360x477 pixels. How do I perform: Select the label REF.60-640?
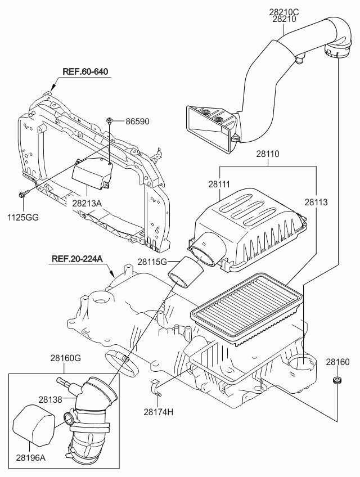pyautogui.click(x=84, y=71)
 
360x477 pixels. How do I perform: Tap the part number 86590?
pyautogui.click(x=137, y=121)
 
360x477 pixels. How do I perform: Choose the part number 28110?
pyautogui.click(x=268, y=153)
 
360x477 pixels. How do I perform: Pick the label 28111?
pyautogui.click(x=220, y=184)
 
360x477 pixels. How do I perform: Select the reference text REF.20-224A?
pyautogui.click(x=77, y=259)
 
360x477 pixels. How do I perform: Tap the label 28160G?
pyautogui.click(x=66, y=357)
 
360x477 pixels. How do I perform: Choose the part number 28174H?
pyautogui.click(x=158, y=412)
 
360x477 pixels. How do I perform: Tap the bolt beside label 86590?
pyautogui.click(x=110, y=120)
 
